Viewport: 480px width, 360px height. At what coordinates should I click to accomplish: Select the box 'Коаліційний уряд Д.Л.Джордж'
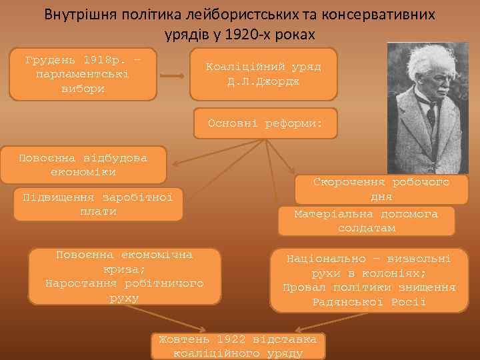pos(263,75)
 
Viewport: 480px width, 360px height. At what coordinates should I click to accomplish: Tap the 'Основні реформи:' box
pos(265,123)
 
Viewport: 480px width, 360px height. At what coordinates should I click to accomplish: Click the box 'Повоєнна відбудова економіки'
pos(83,165)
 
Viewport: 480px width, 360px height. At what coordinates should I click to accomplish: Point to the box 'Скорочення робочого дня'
pos(381,189)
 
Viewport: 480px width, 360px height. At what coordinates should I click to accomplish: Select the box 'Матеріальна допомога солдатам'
pos(366,221)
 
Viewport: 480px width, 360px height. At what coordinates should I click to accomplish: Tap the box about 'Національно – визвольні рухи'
pos(369,279)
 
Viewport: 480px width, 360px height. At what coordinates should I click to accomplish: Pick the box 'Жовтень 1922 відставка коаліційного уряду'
pos(238,345)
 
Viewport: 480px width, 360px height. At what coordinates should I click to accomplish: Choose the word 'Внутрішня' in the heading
pos(75,14)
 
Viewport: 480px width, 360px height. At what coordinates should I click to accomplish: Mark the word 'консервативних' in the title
pos(380,14)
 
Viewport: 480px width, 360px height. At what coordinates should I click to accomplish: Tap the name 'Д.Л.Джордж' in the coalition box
pos(263,82)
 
